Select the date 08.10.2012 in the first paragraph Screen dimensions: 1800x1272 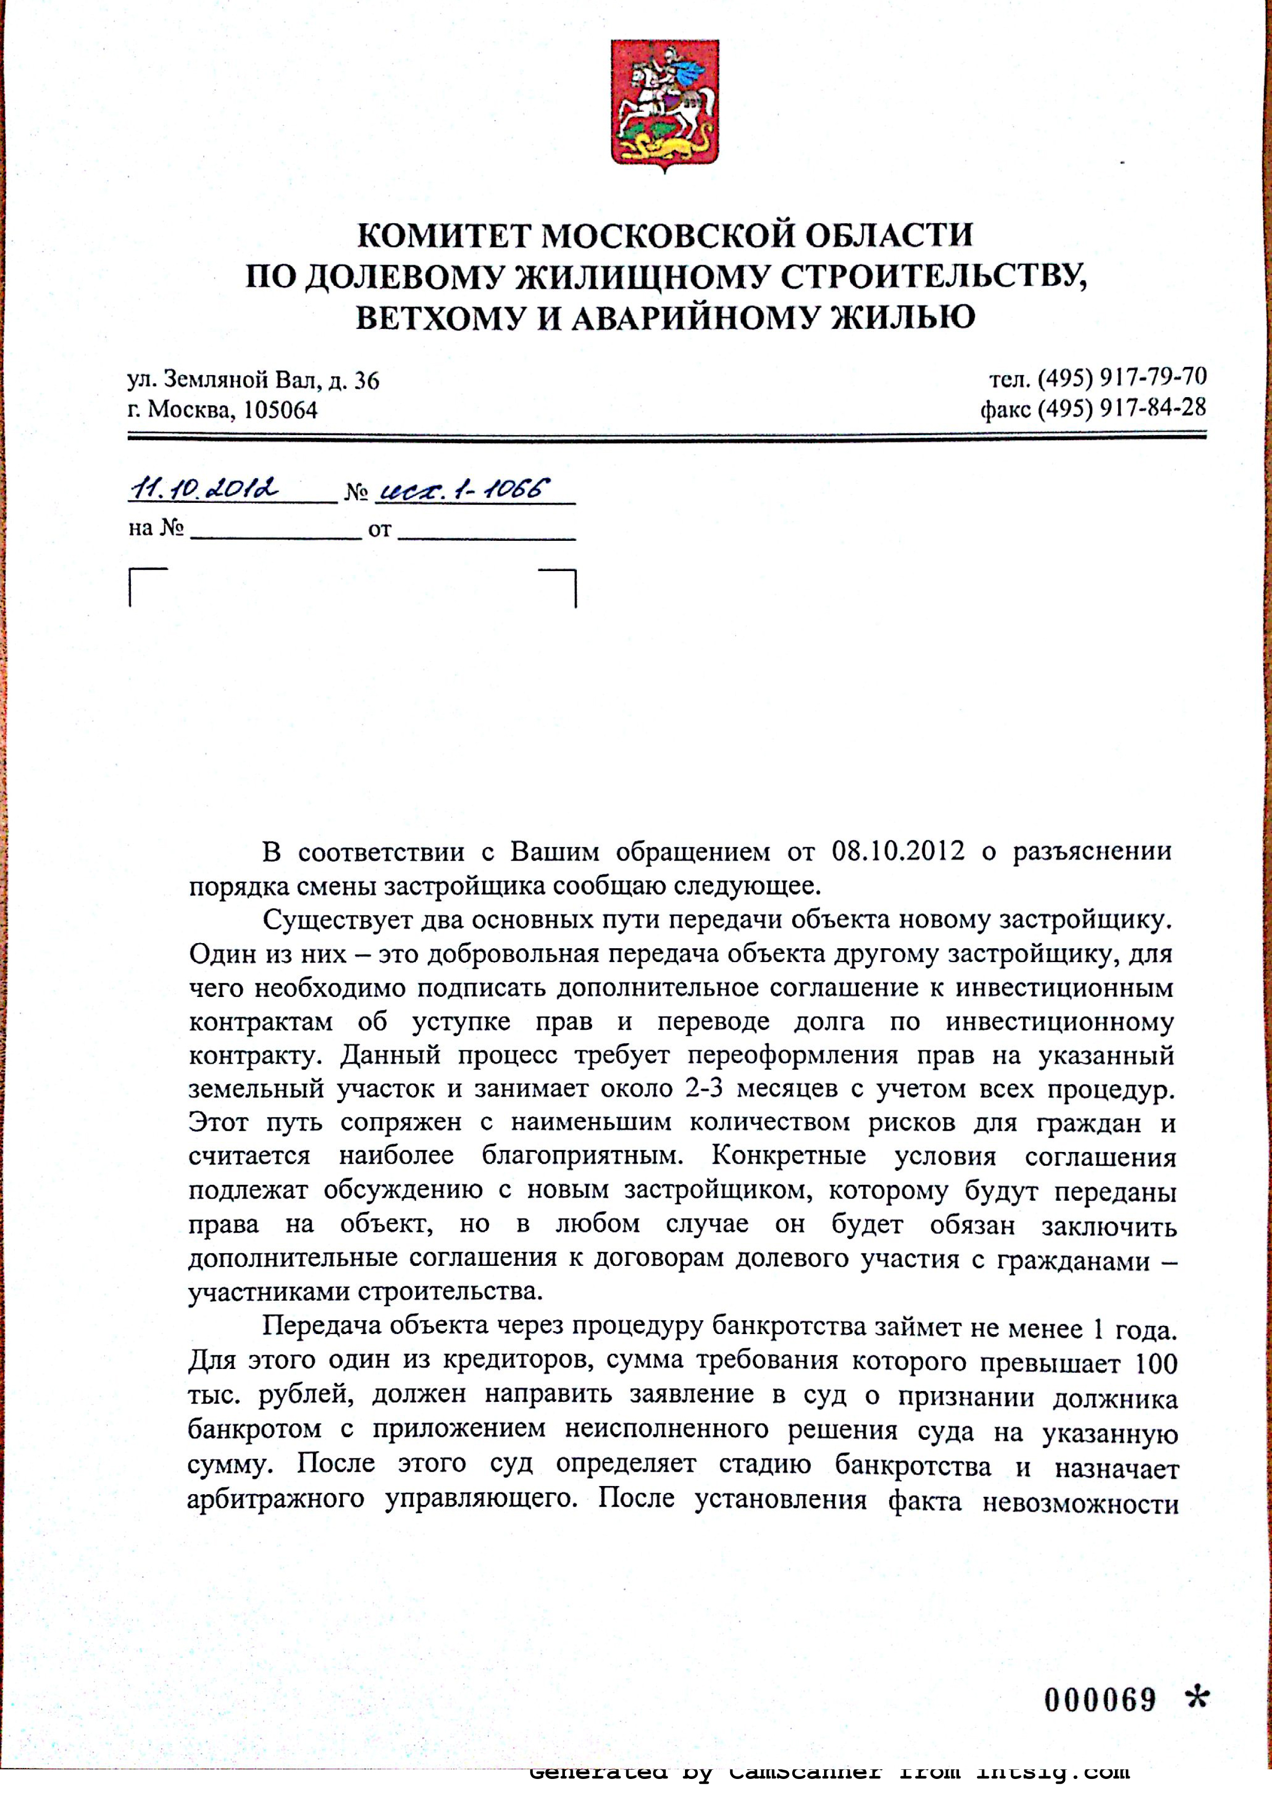pyautogui.click(x=898, y=851)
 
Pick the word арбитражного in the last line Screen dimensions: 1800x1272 pyautogui.click(x=276, y=1499)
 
